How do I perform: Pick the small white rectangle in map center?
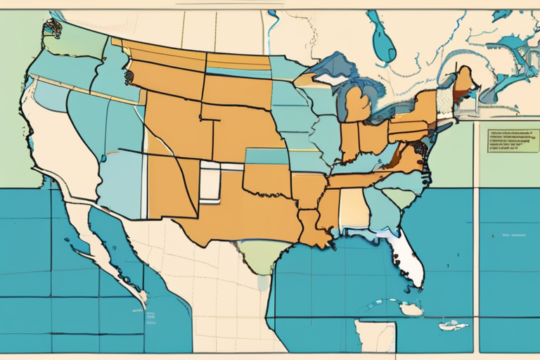coord(210,181)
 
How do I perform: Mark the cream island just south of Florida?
coord(411,309)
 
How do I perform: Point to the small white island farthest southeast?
coord(454,325)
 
